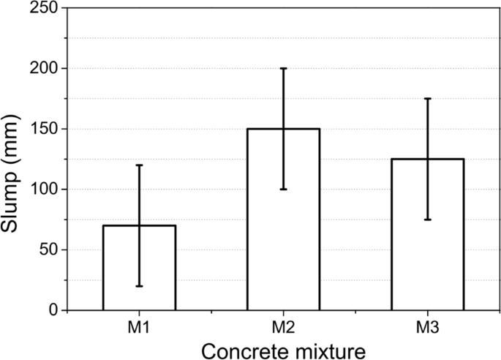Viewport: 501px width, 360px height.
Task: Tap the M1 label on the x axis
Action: (x=139, y=327)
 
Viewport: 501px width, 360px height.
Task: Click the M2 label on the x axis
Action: (x=283, y=327)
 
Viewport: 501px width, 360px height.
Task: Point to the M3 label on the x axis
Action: (x=427, y=327)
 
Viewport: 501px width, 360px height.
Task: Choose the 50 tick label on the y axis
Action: (x=49, y=250)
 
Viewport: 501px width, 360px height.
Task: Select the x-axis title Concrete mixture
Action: (x=283, y=349)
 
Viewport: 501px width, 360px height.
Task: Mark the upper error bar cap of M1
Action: (x=139, y=165)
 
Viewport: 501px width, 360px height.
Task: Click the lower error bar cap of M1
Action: (x=139, y=286)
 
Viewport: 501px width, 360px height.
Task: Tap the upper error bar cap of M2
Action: (x=283, y=69)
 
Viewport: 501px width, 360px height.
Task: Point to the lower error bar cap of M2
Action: (x=283, y=190)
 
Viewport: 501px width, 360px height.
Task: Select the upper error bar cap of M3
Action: (x=427, y=99)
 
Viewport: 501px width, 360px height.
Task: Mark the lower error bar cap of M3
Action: (x=427, y=220)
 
